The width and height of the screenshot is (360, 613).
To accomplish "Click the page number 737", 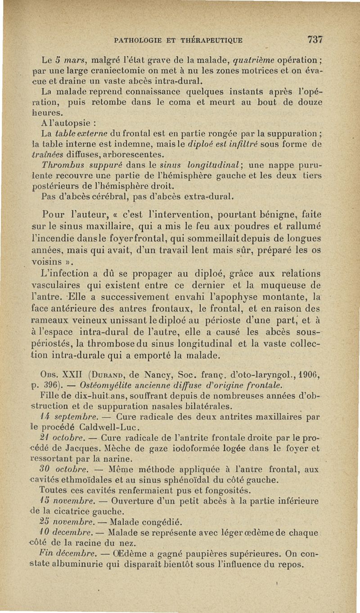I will point(315,39).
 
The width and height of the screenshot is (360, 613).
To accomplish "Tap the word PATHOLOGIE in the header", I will point(138,40).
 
